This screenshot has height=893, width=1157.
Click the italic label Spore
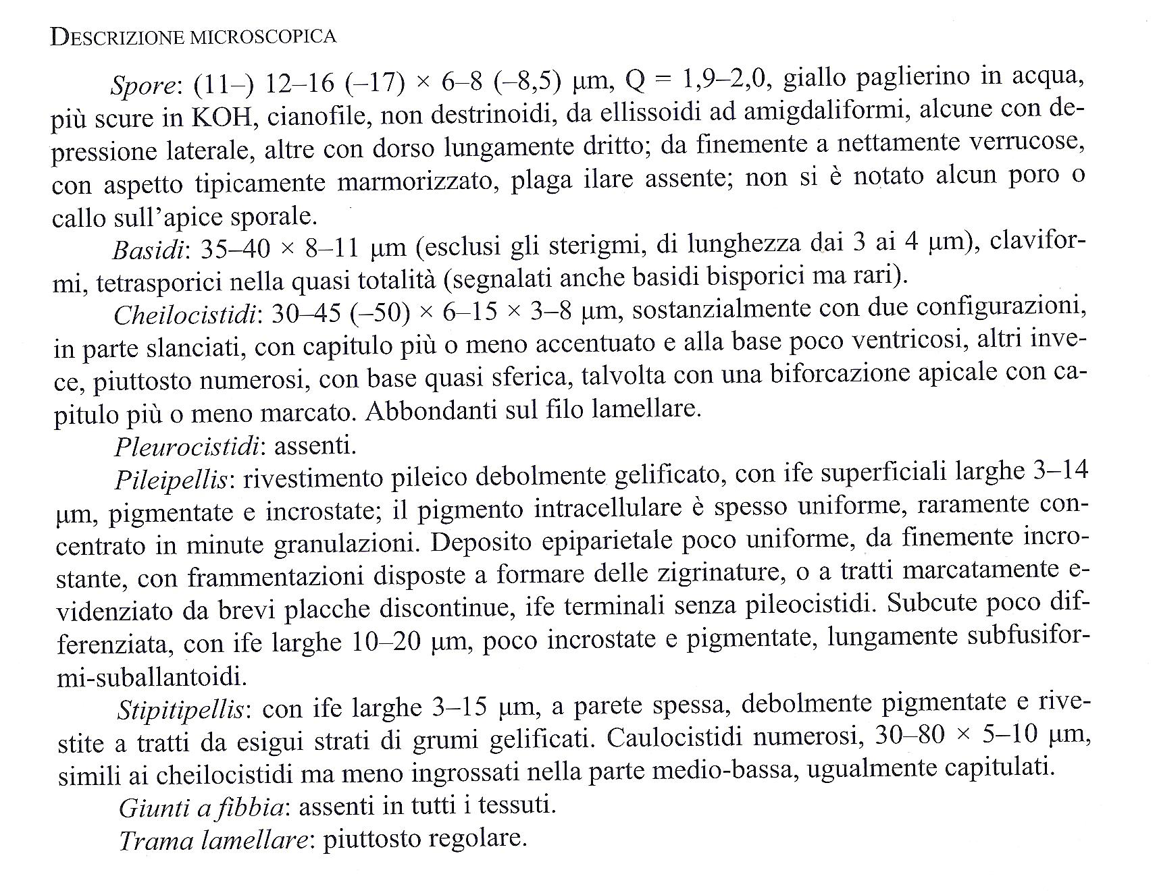(143, 86)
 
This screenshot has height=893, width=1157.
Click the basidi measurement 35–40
(233, 249)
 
